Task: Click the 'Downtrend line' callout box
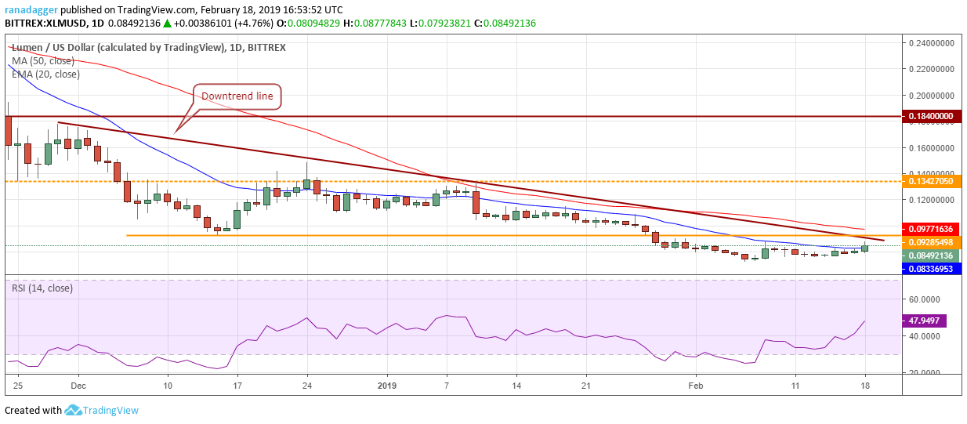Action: pyautogui.click(x=237, y=96)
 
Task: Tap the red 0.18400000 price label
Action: pyautogui.click(x=933, y=116)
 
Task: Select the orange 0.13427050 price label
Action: pyautogui.click(x=933, y=181)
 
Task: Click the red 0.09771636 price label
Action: pyautogui.click(x=933, y=229)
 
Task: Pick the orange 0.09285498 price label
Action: pyautogui.click(x=933, y=242)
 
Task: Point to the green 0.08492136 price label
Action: pyautogui.click(x=933, y=255)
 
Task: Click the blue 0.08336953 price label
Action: pyautogui.click(x=933, y=269)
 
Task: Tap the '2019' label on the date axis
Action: pyautogui.click(x=386, y=386)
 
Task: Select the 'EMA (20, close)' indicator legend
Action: pyautogui.click(x=46, y=74)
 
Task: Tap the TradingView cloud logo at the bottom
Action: pyautogui.click(x=74, y=410)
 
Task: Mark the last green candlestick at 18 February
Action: pyautogui.click(x=865, y=248)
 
